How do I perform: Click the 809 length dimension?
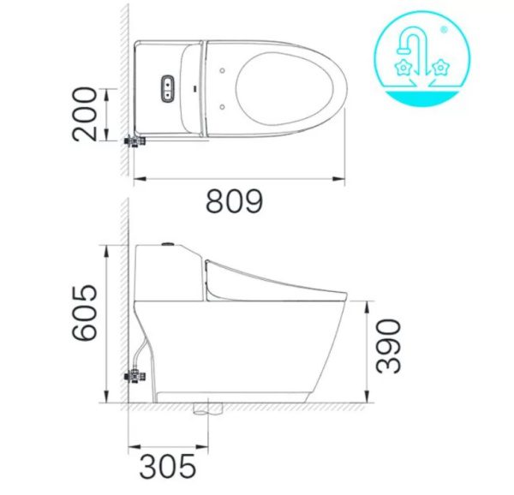233,203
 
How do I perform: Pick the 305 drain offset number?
168,467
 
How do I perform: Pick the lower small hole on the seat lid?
223,106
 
